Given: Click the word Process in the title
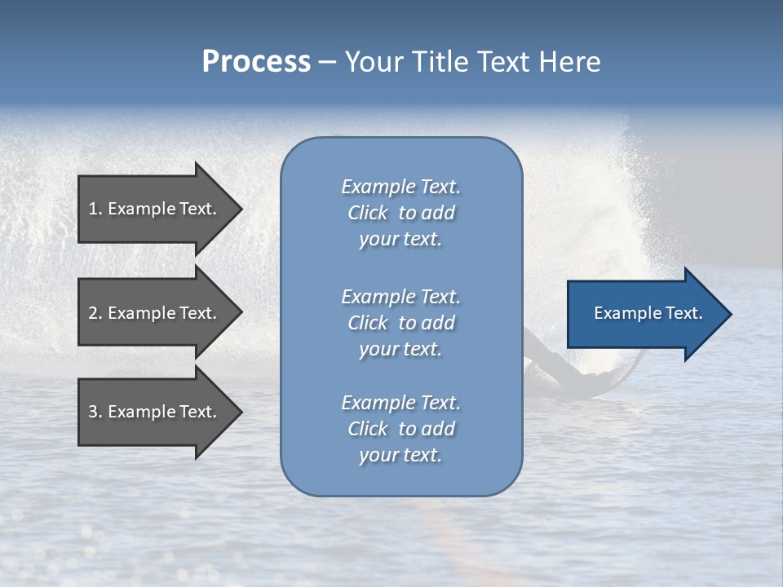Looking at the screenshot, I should tap(256, 62).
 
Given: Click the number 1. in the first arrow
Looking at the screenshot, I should tap(95, 209).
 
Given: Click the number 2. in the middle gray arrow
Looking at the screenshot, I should tap(95, 313).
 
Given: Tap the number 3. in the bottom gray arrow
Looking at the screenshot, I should tap(95, 412).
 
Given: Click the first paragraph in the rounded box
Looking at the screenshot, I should tap(400, 213).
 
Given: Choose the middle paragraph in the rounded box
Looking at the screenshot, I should tap(400, 323).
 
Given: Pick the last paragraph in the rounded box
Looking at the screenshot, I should tap(400, 429).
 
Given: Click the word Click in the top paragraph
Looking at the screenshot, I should tap(368, 213).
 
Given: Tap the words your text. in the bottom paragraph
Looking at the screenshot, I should tap(400, 455).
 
